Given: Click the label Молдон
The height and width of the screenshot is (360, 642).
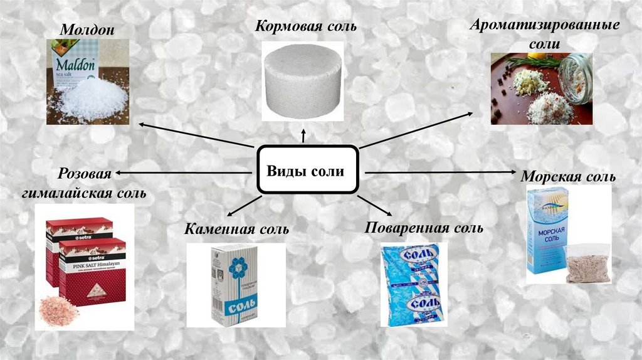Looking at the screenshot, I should [x=87, y=30].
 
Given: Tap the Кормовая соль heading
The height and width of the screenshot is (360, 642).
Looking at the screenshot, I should [x=305, y=26].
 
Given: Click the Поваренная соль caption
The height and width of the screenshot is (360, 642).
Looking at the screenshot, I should [x=424, y=228].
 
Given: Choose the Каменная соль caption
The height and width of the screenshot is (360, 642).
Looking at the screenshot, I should [x=236, y=229].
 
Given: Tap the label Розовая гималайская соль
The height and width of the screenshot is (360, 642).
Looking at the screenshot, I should [x=84, y=183].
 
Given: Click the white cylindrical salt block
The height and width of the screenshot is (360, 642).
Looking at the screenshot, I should [x=303, y=80].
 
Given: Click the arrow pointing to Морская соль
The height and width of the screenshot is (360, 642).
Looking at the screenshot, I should [x=439, y=171].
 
